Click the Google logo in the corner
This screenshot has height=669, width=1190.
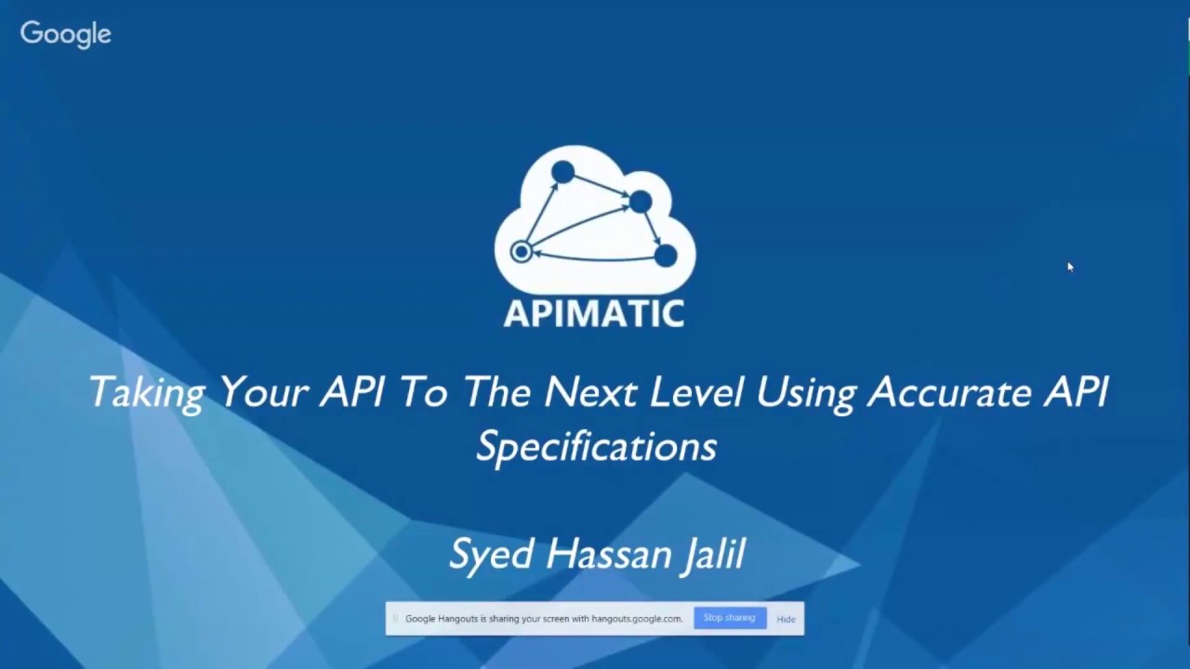[65, 34]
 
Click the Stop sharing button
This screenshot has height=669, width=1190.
[729, 618]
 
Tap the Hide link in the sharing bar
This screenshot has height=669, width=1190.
[786, 619]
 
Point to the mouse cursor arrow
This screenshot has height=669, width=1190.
[1070, 268]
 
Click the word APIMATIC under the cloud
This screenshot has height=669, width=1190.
[594, 313]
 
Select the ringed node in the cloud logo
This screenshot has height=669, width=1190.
[522, 252]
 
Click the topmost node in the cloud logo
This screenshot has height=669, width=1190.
[562, 172]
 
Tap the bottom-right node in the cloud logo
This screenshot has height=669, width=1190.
[666, 255]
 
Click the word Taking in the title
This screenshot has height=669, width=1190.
[146, 393]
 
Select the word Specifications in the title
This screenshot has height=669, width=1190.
[596, 447]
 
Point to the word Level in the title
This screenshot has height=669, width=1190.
[695, 393]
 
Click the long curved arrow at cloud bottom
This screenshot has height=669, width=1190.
[595, 258]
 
